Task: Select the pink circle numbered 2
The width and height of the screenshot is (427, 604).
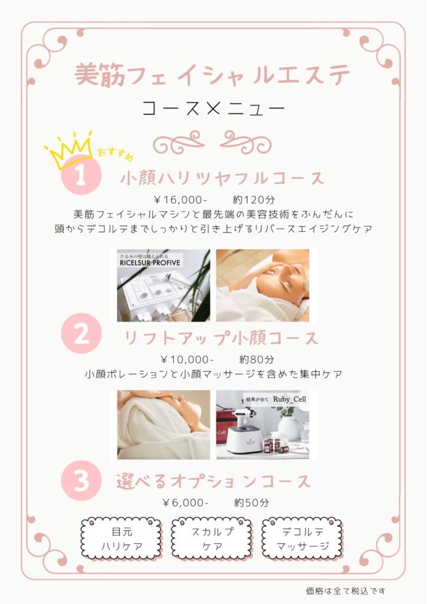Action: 81,334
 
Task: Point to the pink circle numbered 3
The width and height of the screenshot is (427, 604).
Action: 81,481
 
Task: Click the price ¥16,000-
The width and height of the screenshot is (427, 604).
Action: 180,200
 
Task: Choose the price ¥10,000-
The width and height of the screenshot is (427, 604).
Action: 187,360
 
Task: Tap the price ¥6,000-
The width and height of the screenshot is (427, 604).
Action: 186,503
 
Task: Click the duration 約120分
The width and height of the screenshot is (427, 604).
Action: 254,200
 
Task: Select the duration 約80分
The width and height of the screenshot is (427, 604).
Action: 257,360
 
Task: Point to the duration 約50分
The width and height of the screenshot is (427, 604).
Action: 251,503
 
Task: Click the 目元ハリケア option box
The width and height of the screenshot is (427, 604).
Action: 121,539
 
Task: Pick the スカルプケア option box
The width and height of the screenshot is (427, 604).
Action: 212,539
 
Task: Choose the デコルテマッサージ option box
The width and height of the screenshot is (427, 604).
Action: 303,539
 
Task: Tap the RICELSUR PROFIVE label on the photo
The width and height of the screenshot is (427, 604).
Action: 150,263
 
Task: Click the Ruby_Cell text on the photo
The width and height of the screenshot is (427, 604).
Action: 290,399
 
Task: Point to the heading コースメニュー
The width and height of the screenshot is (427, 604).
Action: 213,109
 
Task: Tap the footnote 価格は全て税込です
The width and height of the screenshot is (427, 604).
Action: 346,590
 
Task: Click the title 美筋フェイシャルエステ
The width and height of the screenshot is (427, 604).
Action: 212,75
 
